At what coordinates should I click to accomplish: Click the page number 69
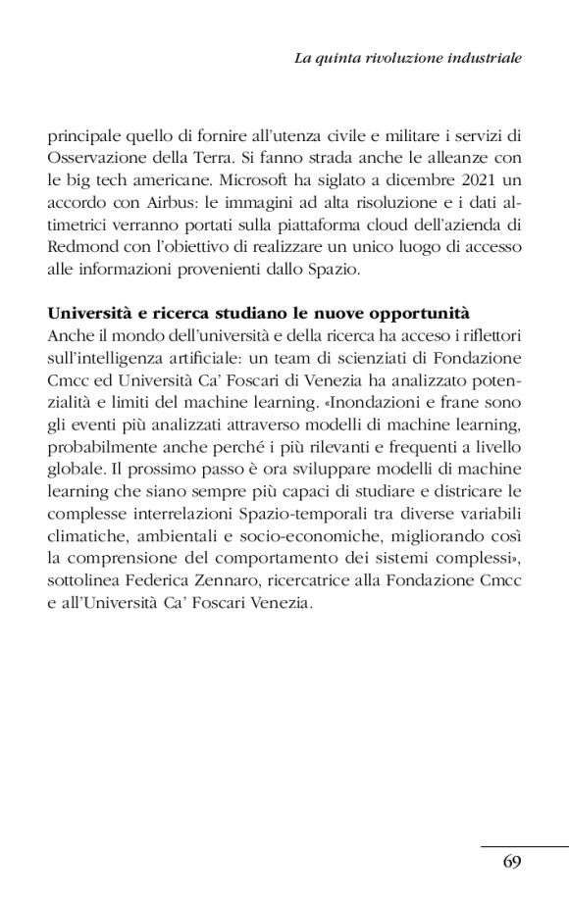(x=511, y=862)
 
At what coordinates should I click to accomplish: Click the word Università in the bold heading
(x=83, y=316)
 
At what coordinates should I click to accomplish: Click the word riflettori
(x=487, y=337)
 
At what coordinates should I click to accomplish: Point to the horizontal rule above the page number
(x=524, y=845)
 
